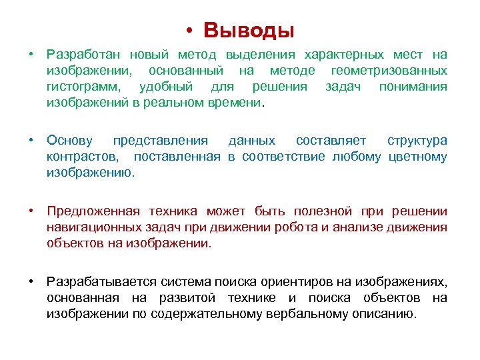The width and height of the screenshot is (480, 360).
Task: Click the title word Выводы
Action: coord(249,30)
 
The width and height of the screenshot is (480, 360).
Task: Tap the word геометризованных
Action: coord(389,70)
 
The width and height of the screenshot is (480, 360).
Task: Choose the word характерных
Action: coord(344,54)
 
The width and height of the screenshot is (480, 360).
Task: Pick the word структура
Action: coord(417,140)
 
